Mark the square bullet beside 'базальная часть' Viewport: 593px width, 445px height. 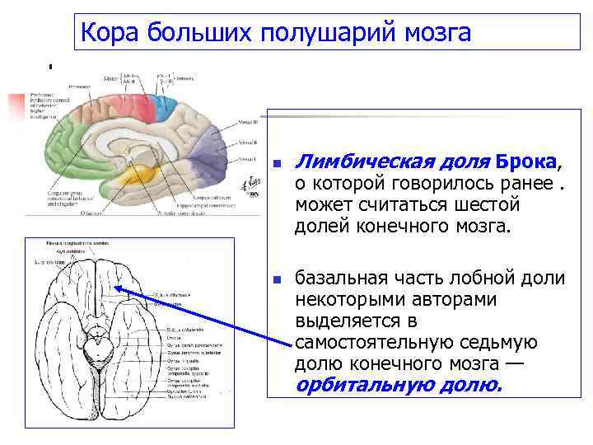coord(278,279)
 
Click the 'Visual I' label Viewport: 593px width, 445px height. coord(246,157)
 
